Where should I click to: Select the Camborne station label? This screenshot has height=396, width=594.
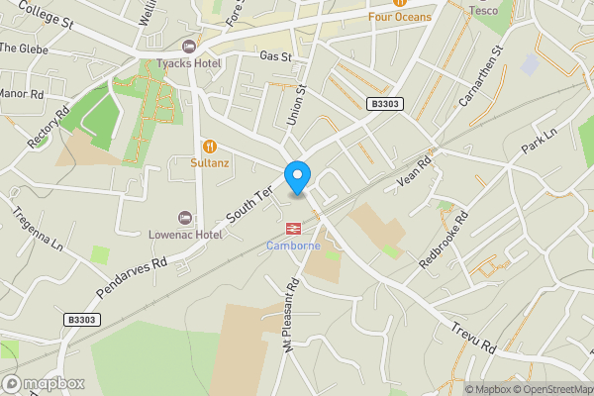click(x=292, y=246)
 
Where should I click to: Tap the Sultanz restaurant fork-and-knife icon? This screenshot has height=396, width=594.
click(x=209, y=145)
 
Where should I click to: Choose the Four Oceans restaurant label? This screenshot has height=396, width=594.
click(x=400, y=17)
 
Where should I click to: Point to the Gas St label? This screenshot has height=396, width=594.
click(x=276, y=57)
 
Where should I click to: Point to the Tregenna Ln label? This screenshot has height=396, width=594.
click(x=38, y=227)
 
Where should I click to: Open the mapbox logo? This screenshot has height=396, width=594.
click(x=43, y=383)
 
